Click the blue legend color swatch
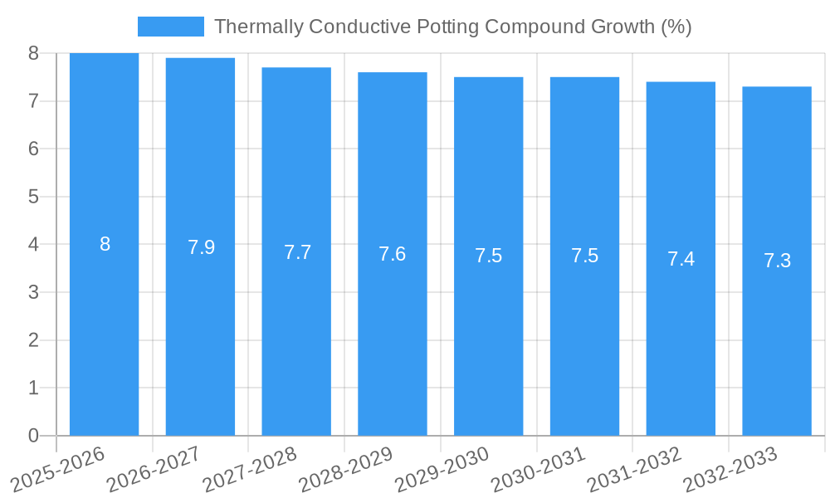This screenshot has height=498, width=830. [170, 27]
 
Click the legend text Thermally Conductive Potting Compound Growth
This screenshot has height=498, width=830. [452, 27]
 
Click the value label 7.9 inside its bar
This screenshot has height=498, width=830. [201, 247]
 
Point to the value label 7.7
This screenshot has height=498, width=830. [297, 252]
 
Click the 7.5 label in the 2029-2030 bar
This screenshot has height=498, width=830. [489, 256]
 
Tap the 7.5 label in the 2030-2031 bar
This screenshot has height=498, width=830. [585, 256]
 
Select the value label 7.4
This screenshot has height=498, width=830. [681, 259]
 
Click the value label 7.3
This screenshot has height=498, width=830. [777, 261]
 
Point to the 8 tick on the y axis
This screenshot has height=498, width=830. [33, 53]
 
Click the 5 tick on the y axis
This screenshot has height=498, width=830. [33, 197]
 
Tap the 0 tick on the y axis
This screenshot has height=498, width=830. [33, 436]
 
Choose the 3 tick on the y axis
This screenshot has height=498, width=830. [33, 292]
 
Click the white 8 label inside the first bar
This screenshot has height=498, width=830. [105, 244]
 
